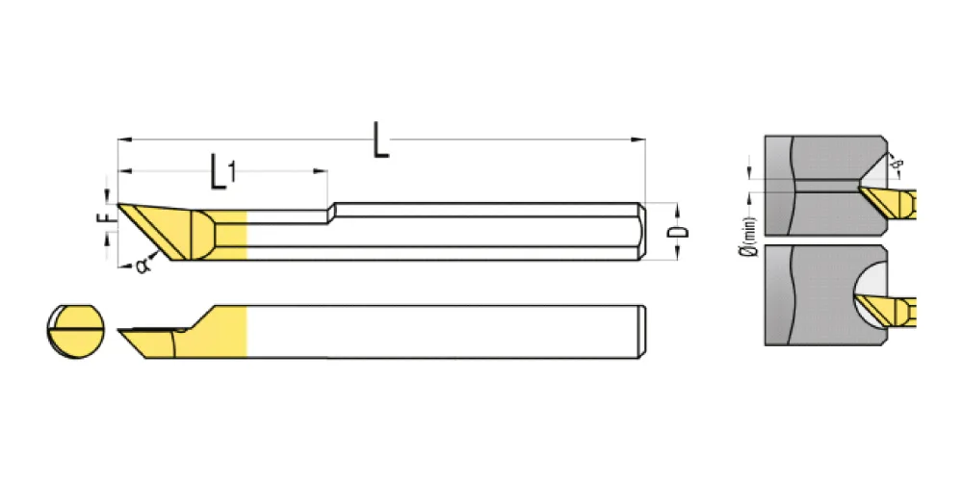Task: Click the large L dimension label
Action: [380, 140]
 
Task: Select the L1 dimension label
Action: [222, 172]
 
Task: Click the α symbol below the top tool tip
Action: [143, 266]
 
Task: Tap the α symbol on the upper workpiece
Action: [899, 164]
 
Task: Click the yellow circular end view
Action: [75, 331]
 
